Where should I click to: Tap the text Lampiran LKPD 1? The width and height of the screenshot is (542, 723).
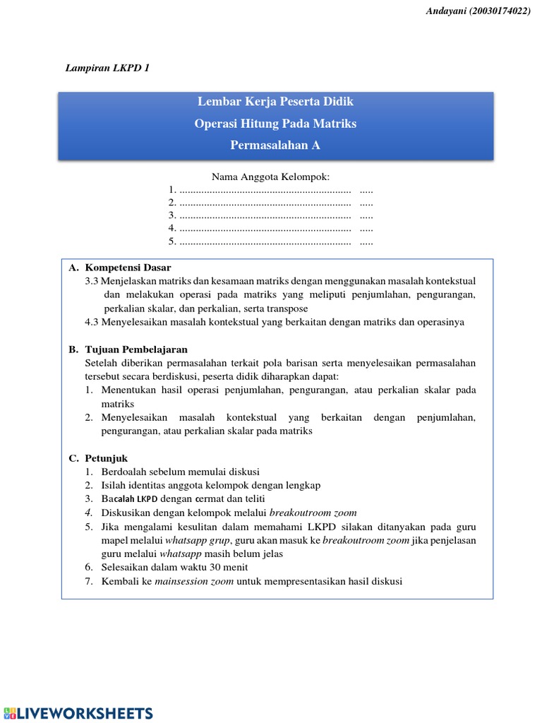pyautogui.click(x=107, y=68)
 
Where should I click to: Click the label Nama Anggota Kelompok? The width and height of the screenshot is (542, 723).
pyautogui.click(x=271, y=176)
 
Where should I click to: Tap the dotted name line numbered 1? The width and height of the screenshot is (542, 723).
pyautogui.click(x=265, y=190)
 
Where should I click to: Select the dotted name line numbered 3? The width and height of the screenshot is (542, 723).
pyautogui.click(x=265, y=215)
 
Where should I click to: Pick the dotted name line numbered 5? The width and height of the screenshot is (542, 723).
pyautogui.click(x=265, y=241)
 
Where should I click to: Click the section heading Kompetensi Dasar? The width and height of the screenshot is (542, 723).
pyautogui.click(x=128, y=268)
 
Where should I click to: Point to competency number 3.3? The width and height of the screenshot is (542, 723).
pyautogui.click(x=92, y=281)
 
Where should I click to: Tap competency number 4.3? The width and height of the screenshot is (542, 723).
pyautogui.click(x=92, y=322)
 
